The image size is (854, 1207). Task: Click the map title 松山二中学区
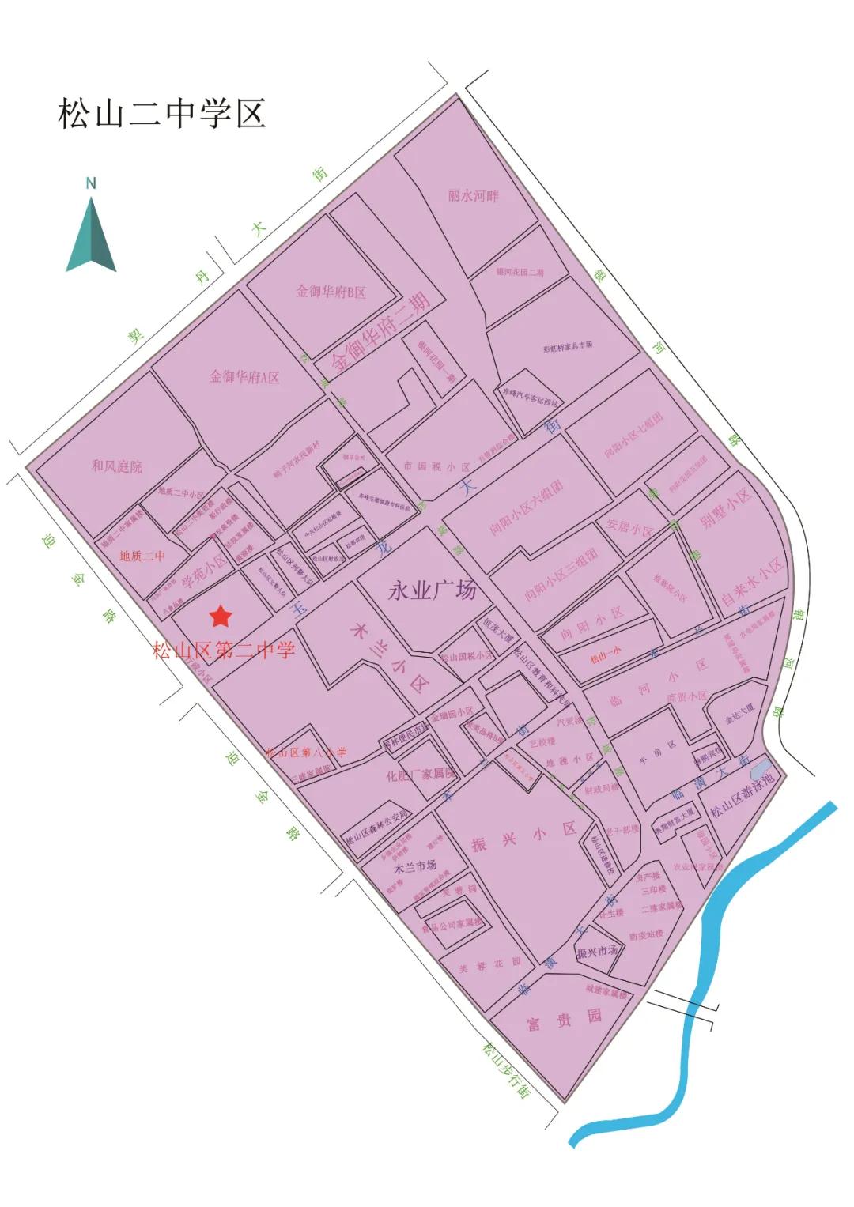point(161,114)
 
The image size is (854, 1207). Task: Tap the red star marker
point(220,616)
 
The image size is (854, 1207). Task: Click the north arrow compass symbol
point(91,233)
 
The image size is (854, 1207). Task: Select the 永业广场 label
point(432,590)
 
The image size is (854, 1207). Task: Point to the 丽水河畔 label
point(474,195)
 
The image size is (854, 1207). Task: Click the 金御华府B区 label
point(331,292)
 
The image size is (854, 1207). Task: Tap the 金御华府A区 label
point(244,377)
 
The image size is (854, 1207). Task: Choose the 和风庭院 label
point(117,466)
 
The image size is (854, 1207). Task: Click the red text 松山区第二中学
point(224,651)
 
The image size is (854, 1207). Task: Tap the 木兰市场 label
point(415,866)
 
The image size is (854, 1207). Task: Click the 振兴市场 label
point(596,952)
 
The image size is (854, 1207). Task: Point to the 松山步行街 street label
point(506,1070)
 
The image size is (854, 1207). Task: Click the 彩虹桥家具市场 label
point(568,346)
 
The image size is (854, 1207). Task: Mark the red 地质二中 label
point(142,556)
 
